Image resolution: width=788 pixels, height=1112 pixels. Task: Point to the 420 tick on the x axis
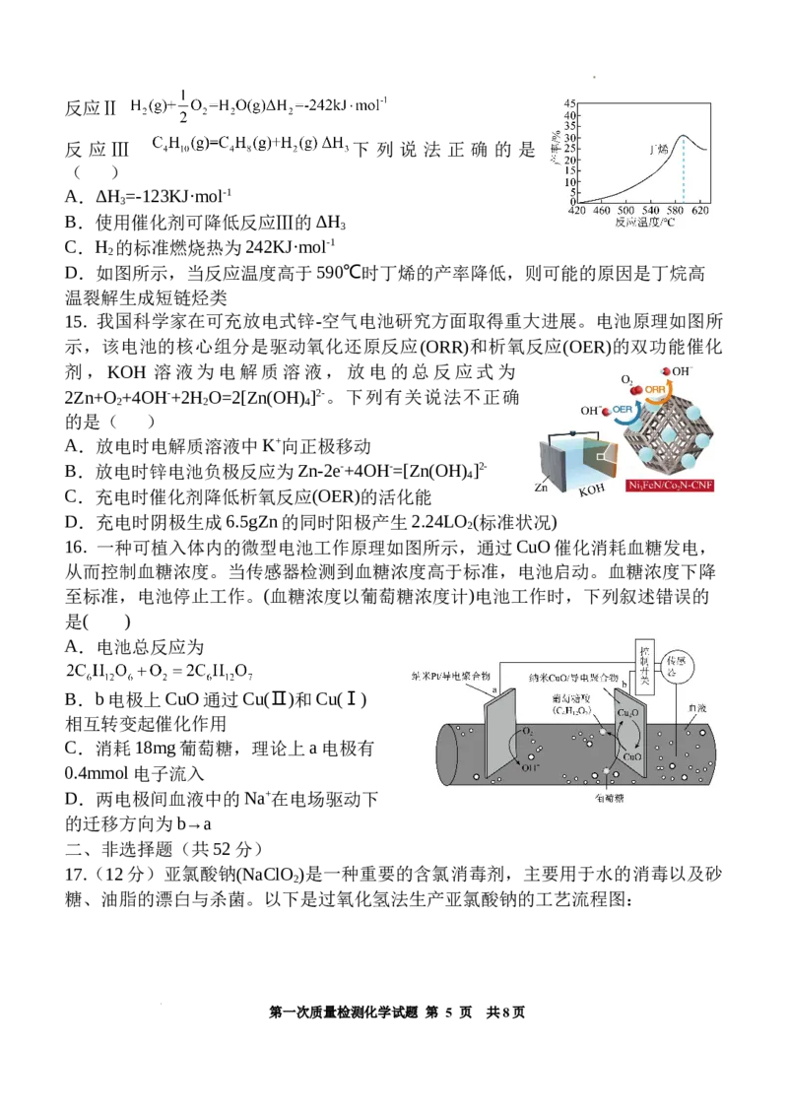point(577,211)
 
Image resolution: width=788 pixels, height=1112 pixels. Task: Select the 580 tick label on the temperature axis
point(676,211)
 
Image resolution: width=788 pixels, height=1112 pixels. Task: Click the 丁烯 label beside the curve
point(657,151)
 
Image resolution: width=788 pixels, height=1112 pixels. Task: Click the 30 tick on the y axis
point(567,138)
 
